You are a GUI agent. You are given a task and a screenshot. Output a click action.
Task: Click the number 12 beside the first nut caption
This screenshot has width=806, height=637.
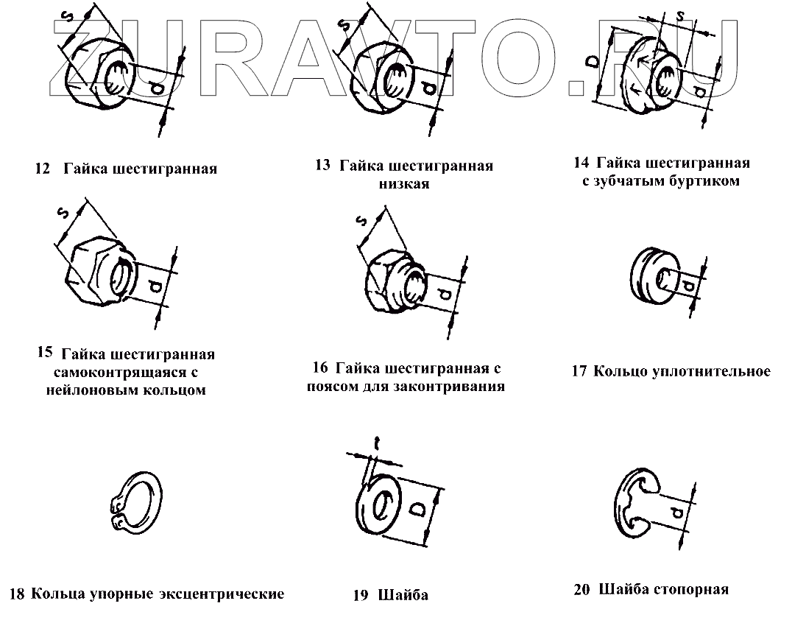click(x=41, y=169)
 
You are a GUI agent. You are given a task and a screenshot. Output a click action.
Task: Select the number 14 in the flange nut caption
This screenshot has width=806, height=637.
click(x=581, y=163)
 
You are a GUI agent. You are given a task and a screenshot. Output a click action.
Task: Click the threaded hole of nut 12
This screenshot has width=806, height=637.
click(x=116, y=77)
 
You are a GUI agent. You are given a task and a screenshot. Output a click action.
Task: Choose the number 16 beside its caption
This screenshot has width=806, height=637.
click(x=319, y=368)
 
